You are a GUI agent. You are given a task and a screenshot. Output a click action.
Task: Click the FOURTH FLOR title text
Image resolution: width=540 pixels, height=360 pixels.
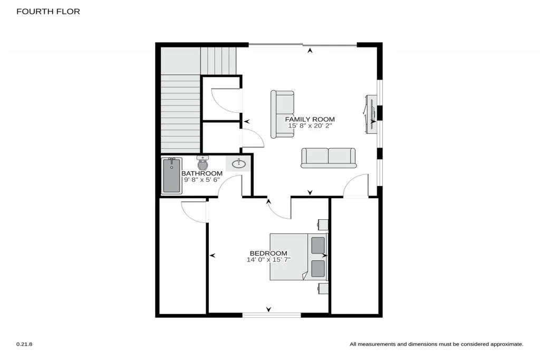click(x=48, y=11)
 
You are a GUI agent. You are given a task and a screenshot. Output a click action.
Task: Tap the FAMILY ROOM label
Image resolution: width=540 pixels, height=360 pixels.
click(x=310, y=119)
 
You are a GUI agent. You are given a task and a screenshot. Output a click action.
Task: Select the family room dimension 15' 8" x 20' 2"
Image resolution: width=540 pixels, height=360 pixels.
click(x=311, y=126)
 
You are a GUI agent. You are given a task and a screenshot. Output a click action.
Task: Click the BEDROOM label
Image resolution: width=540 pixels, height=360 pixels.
click(x=269, y=253)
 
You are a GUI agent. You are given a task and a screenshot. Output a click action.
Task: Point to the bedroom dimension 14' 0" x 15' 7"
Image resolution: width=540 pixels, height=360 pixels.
click(x=268, y=259)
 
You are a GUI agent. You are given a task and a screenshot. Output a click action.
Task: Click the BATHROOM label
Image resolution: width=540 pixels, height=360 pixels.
click(x=202, y=173)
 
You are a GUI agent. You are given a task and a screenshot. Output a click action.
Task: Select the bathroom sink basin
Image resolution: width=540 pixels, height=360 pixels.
click(x=239, y=163)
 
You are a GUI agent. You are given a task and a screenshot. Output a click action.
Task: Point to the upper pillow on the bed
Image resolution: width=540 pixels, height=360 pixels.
click(x=318, y=245)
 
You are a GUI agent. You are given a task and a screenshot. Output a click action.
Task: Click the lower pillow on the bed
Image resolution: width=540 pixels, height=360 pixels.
click(x=318, y=268)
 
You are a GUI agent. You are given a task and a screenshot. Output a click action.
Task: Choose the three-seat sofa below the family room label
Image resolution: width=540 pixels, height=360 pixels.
click(x=328, y=158)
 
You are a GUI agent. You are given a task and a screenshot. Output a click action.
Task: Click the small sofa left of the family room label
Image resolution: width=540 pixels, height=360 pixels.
click(x=283, y=114)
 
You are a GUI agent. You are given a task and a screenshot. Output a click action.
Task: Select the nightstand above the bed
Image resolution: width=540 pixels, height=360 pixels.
click(x=323, y=225)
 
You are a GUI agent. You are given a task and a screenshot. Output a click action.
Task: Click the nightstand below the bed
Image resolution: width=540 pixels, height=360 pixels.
click(x=323, y=288)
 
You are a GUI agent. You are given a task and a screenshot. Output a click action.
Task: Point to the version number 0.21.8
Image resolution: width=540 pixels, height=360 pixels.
click(x=24, y=344)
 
